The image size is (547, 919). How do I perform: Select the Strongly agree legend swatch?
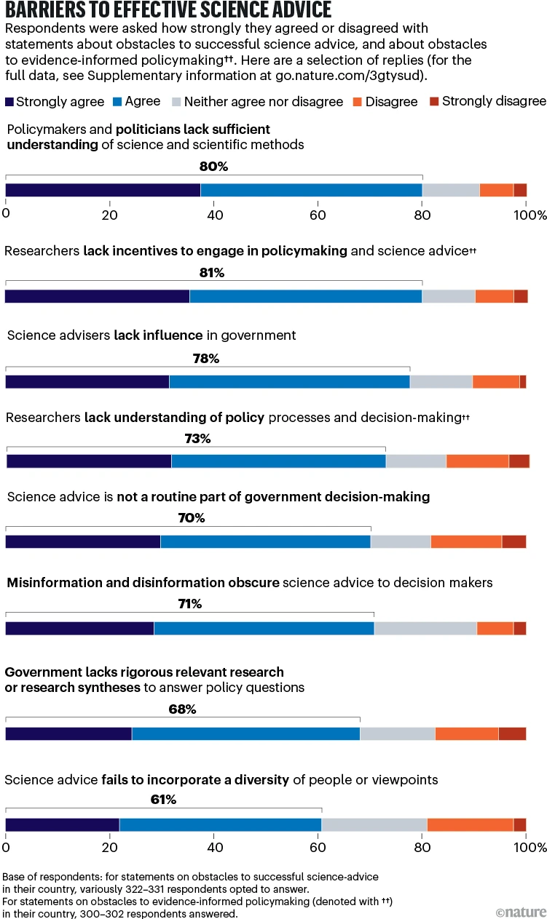pos(9,102)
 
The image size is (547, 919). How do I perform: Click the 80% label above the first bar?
pos(213,166)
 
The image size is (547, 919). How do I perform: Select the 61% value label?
pos(162,800)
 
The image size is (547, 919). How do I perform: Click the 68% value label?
pos(182,709)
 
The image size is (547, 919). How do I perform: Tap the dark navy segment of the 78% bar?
pos(87,382)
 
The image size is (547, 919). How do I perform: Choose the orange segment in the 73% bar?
pos(477,461)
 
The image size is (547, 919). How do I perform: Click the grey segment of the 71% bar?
pos(425,629)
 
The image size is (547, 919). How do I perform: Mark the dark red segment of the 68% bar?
pos(512,733)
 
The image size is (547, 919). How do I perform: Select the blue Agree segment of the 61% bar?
pos(220,824)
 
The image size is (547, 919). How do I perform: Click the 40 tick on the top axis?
pos(214,215)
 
